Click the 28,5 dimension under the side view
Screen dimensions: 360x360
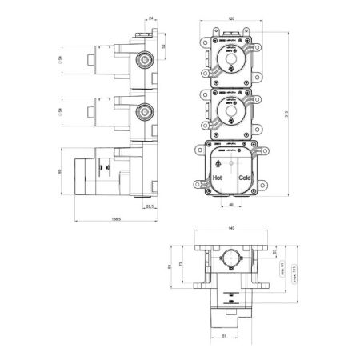[x=149, y=206]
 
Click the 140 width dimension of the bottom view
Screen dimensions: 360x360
[x=230, y=228]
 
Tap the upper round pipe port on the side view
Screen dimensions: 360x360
[x=145, y=58]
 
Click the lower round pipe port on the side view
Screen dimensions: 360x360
[x=145, y=110]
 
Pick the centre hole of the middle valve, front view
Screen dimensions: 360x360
[x=230, y=110]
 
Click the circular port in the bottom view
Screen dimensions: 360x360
[x=230, y=262]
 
